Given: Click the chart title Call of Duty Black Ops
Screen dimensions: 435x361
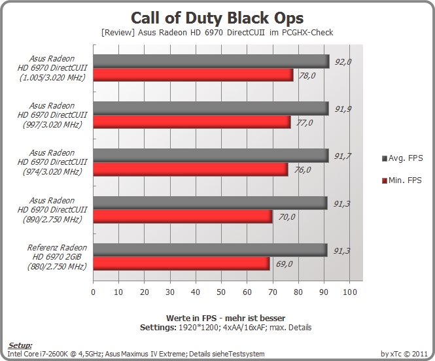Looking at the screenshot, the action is click(x=217, y=18).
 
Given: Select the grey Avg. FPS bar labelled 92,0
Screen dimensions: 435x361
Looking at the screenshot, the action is click(x=211, y=61).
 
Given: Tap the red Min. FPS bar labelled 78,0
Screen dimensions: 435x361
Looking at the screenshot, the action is click(x=193, y=75).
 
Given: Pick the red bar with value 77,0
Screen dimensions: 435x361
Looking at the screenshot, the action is click(x=192, y=122).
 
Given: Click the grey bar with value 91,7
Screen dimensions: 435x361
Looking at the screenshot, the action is click(x=211, y=156).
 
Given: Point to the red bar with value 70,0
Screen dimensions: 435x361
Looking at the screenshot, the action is click(x=183, y=216).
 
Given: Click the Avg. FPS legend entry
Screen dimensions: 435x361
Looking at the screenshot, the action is click(x=402, y=158).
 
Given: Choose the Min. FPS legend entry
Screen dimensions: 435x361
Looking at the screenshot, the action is click(x=402, y=180).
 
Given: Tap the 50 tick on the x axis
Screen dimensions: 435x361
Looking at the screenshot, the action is click(x=221, y=292).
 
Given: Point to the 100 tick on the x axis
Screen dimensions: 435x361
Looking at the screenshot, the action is click(x=349, y=292).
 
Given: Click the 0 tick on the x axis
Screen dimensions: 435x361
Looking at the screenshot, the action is click(x=93, y=292).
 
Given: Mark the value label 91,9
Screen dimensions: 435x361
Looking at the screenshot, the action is click(x=343, y=109).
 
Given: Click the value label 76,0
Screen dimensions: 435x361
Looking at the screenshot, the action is click(x=302, y=169).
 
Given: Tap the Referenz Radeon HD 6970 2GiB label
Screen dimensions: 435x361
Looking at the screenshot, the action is click(x=57, y=257).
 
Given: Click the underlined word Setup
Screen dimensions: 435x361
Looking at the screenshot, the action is click(x=20, y=345).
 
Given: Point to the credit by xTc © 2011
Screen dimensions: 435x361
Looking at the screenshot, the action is click(x=404, y=354).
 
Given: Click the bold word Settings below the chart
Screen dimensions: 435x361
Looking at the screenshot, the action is click(x=158, y=328).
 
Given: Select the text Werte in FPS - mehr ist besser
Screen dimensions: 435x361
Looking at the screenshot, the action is click(x=226, y=318).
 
